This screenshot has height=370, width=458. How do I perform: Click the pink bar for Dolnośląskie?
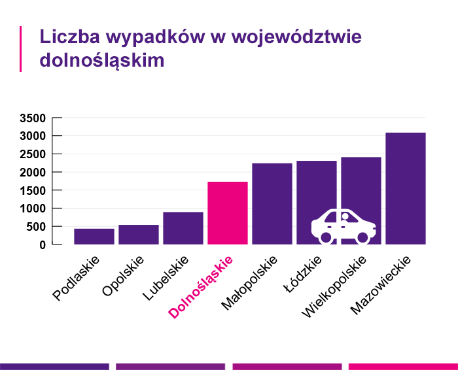coord(227,212)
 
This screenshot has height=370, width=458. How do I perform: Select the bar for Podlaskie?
coord(94,236)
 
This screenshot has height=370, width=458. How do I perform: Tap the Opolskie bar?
coord(138,234)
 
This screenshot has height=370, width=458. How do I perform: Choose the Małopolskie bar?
coord(272,203)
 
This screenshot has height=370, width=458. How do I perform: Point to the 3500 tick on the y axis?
coord(32,118)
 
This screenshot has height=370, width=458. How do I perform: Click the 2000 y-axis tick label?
coord(32,173)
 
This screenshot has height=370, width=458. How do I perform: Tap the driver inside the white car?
coord(345,218)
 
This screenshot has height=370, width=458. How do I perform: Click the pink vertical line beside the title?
coord(21,48)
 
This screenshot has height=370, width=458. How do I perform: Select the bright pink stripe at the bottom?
coord(403,366)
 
